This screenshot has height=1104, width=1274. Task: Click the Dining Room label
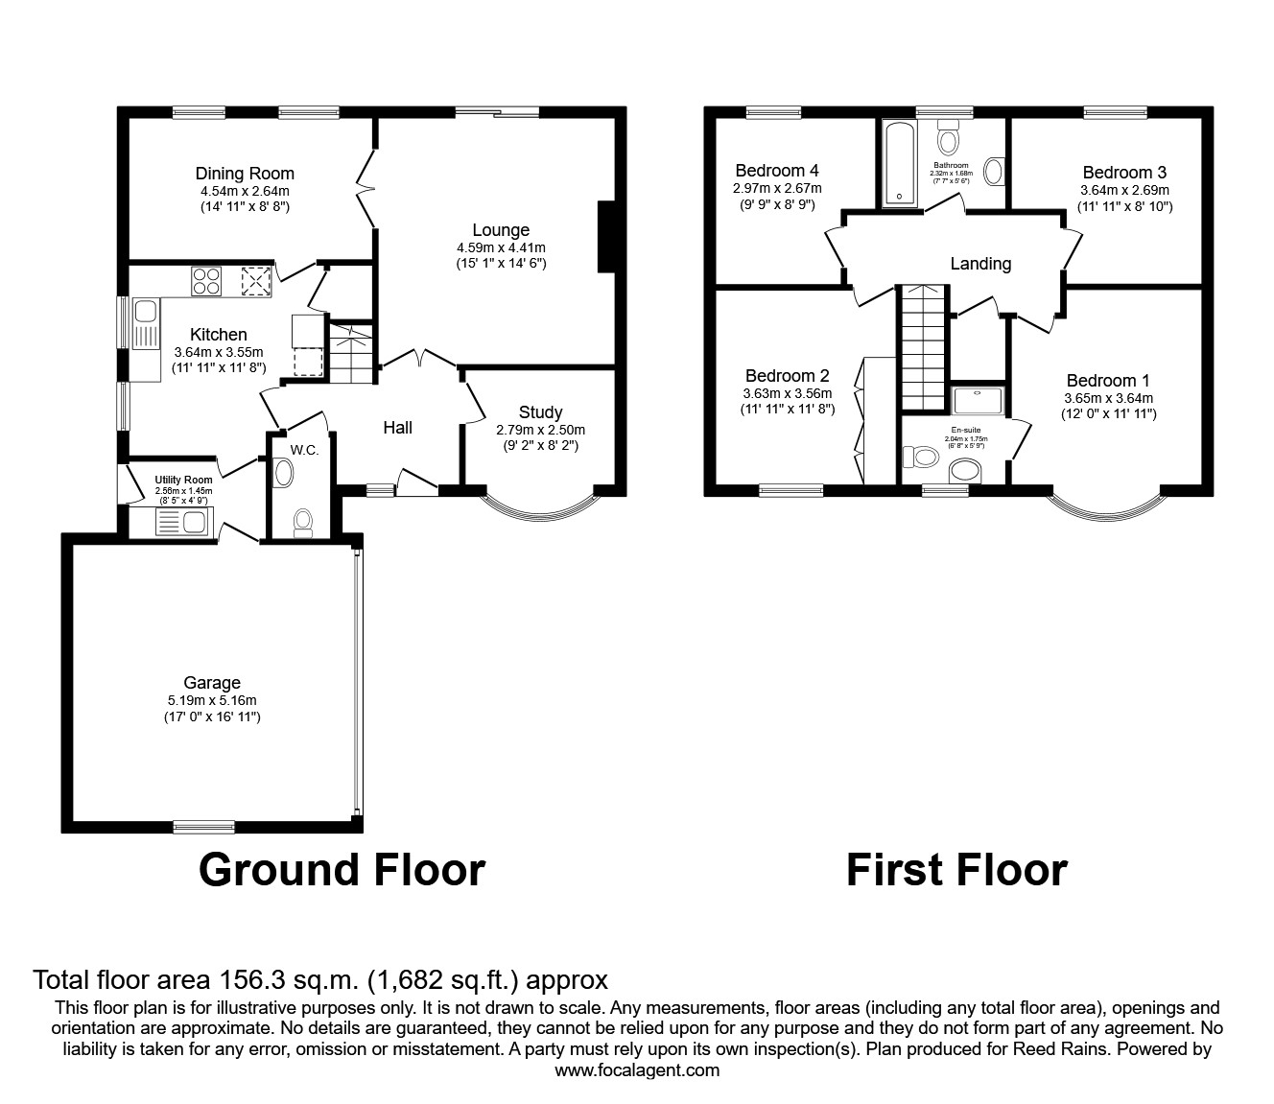pyautogui.click(x=245, y=174)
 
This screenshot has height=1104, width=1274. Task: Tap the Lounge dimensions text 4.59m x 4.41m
pyautogui.click(x=501, y=247)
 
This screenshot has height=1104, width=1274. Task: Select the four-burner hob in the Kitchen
pyautogui.click(x=206, y=279)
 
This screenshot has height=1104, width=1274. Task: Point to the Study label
pyautogui.click(x=540, y=412)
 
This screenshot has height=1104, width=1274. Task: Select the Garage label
pyautogui.click(x=212, y=683)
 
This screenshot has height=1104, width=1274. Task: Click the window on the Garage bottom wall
pyautogui.click(x=204, y=826)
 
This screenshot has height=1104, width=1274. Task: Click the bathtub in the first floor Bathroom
pyautogui.click(x=899, y=164)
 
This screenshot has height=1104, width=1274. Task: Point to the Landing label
pyautogui.click(x=980, y=264)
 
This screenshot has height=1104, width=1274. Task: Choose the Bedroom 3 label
pyautogui.click(x=1124, y=173)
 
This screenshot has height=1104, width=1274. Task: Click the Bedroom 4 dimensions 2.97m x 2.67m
pyautogui.click(x=777, y=189)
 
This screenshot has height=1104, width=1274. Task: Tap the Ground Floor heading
pyautogui.click(x=342, y=870)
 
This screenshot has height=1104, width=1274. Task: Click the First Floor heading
pyautogui.click(x=956, y=870)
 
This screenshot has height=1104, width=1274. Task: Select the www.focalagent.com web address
pyautogui.click(x=637, y=1070)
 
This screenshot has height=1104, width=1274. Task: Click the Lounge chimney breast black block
pyautogui.click(x=606, y=236)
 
